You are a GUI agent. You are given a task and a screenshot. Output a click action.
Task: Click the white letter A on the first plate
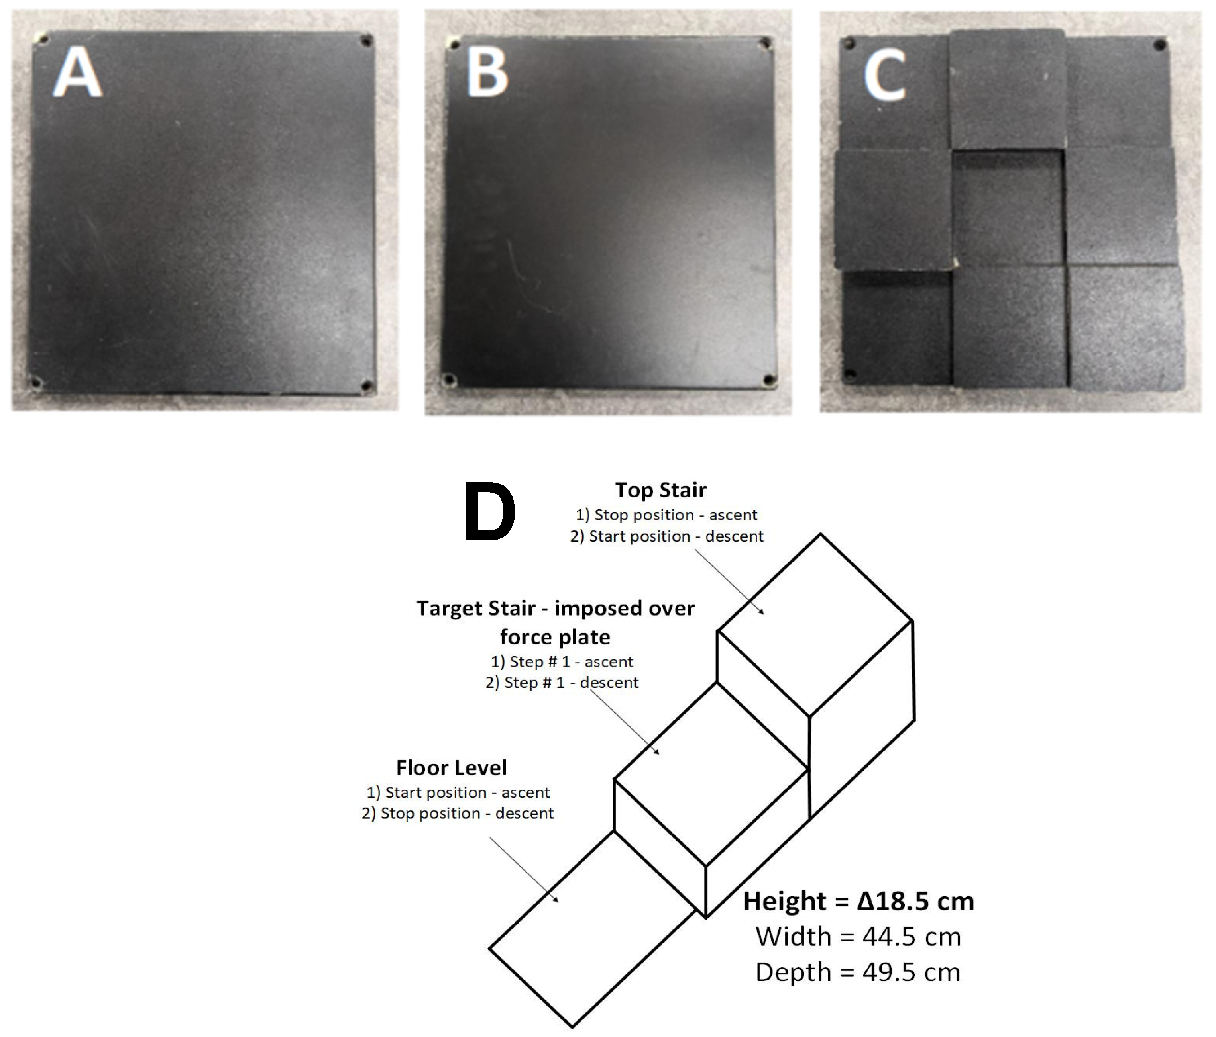pyautogui.click(x=77, y=72)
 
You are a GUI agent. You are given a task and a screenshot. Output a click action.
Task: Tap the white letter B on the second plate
pyautogui.click(x=487, y=72)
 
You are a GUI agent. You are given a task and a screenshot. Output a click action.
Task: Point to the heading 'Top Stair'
pyautogui.click(x=660, y=490)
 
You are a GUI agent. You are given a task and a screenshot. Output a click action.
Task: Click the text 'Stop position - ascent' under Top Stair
pyautogui.click(x=676, y=515)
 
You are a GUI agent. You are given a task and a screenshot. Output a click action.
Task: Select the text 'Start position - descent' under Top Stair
pyautogui.click(x=676, y=536)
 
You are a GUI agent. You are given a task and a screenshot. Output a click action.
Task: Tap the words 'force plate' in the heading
pyautogui.click(x=555, y=637)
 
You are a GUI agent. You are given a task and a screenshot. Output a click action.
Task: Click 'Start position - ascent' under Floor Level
pyautogui.click(x=467, y=792)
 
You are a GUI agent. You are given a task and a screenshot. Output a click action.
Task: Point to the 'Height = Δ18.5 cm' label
pyautogui.click(x=858, y=902)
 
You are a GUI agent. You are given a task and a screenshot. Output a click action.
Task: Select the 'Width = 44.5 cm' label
pyautogui.click(x=858, y=937)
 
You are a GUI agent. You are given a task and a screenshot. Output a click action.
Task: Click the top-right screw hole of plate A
pyautogui.click(x=366, y=41)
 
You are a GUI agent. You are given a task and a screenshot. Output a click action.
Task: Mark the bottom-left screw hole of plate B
pyautogui.click(x=449, y=380)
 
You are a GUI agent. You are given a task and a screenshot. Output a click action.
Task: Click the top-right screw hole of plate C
pyautogui.click(x=1160, y=45)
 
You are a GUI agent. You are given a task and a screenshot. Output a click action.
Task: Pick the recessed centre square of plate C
pyautogui.click(x=1008, y=208)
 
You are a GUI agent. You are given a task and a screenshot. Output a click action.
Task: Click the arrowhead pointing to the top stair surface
pyautogui.click(x=762, y=611)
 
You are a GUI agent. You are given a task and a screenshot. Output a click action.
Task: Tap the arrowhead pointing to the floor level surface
pyautogui.click(x=556, y=900)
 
